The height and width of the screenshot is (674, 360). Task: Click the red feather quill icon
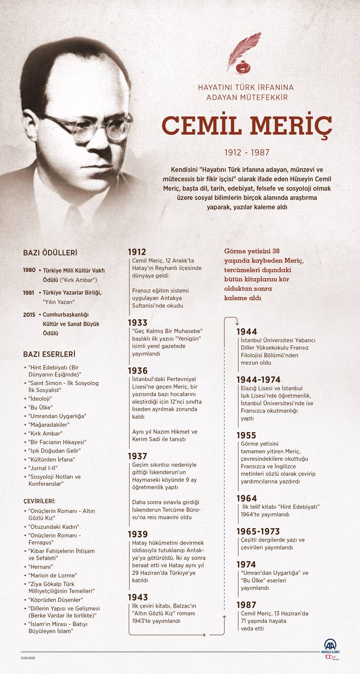tap(243, 53)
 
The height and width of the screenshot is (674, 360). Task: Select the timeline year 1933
tap(137, 322)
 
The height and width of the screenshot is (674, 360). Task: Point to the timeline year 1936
tap(137, 371)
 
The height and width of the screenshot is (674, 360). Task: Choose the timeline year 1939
tap(137, 534)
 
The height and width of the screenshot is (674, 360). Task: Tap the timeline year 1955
tap(246, 435)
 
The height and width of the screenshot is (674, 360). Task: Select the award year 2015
tap(29, 314)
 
